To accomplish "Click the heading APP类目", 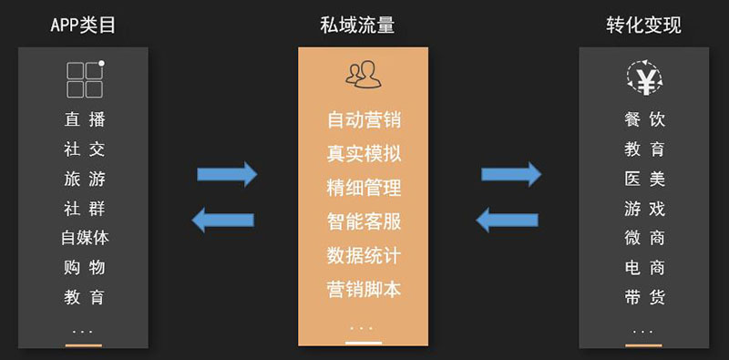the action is tap(83, 26).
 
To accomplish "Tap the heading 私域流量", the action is tap(357, 26).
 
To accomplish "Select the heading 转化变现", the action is tap(643, 26).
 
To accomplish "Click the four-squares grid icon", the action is tap(85, 79).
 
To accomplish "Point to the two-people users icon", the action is tap(363, 75).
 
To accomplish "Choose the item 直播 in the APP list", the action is tap(85, 119).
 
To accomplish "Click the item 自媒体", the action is tap(85, 238).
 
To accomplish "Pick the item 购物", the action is tap(85, 267).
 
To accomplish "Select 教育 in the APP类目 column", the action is tap(85, 297).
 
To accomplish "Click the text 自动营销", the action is tap(364, 120).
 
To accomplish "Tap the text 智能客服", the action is tap(364, 221).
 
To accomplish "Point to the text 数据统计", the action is tap(364, 256).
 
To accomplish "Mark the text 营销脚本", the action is tap(364, 290).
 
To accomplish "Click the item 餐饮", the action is tap(644, 119).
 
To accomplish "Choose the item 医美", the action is tap(644, 179).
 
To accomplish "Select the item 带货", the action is tap(644, 297).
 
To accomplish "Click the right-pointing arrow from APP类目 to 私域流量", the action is tap(227, 174).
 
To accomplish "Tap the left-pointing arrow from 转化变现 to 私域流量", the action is tap(508, 220).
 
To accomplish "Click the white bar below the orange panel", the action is tap(364, 344).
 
